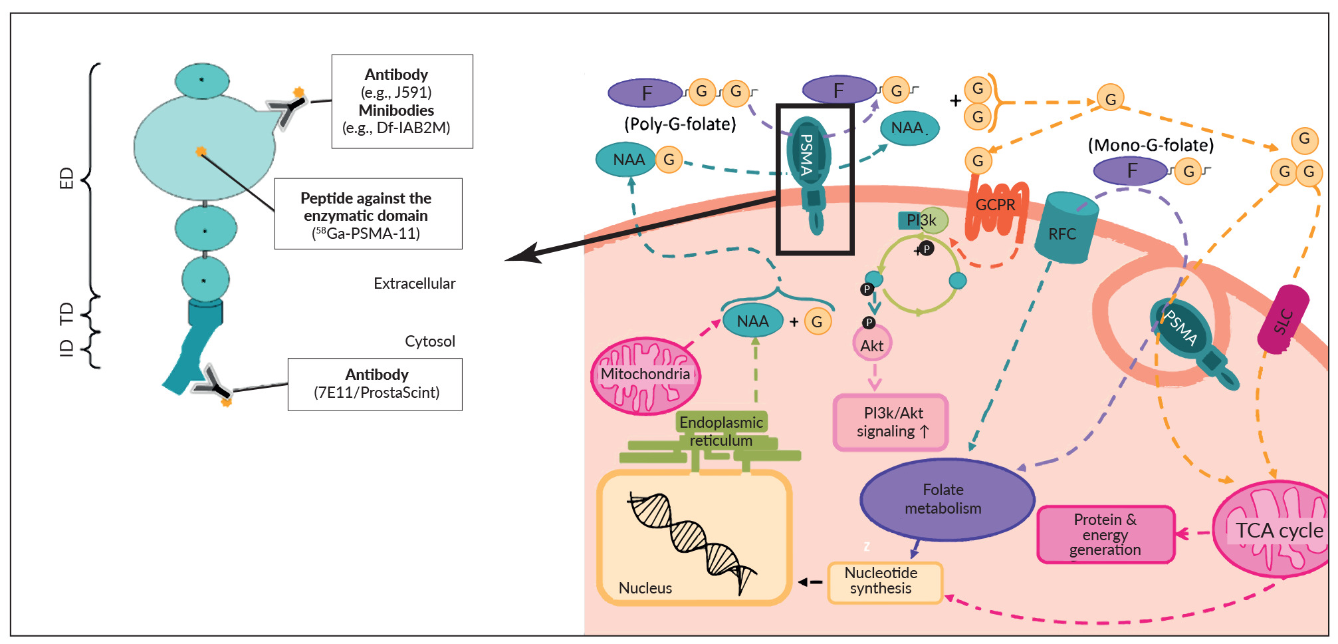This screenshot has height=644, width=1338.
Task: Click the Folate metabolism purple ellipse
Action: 947,499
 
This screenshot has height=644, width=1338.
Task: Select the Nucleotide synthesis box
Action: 885,581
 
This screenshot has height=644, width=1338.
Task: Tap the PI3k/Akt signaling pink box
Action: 891,422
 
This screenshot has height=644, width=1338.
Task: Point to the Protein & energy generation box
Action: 1105,534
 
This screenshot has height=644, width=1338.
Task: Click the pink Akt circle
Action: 871,345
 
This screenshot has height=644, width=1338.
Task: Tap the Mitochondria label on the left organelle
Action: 645,374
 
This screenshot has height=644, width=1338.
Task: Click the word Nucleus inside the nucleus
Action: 645,588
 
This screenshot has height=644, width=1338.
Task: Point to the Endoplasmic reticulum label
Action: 721,430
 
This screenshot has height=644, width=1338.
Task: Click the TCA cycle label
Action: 1279,530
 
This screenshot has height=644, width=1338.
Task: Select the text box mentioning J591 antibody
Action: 402,101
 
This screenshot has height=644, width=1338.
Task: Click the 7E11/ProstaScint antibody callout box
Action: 376,384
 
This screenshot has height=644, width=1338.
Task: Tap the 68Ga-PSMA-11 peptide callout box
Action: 368,214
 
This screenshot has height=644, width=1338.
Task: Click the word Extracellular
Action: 414,283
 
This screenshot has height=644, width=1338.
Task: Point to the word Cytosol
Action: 429,341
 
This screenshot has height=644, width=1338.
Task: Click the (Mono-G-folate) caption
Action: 1150,145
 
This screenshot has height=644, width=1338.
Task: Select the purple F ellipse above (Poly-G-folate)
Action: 645,93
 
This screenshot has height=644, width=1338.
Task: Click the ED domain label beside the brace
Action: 66,178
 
